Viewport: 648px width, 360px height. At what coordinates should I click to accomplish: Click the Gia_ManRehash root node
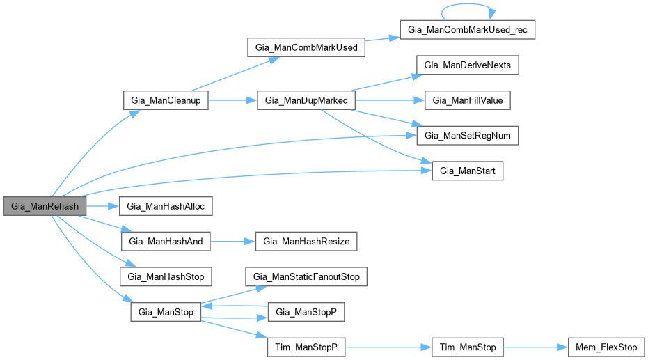click(45, 207)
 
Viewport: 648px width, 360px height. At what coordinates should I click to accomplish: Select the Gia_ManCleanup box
click(166, 100)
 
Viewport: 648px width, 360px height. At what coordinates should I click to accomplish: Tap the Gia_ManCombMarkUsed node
click(307, 48)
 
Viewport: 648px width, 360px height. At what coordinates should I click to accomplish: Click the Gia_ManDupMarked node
click(307, 100)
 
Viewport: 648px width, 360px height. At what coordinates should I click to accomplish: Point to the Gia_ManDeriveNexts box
click(467, 65)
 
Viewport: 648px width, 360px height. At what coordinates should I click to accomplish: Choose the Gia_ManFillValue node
click(467, 100)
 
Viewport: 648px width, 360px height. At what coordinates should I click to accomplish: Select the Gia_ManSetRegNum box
click(467, 135)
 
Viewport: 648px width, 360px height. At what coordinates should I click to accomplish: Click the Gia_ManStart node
click(467, 171)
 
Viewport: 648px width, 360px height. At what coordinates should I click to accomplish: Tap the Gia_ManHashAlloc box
click(166, 207)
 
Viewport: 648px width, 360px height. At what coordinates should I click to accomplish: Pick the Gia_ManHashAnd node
click(166, 242)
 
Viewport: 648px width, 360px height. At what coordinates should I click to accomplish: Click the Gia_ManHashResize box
click(307, 242)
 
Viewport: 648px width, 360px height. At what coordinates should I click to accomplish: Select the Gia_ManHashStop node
click(166, 276)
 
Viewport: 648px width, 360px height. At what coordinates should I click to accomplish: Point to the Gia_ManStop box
click(166, 311)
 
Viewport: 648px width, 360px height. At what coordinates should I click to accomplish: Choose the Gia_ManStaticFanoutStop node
click(307, 276)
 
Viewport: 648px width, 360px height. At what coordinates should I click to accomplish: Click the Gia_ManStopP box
click(307, 311)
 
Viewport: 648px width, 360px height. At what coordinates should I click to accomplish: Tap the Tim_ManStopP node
click(307, 347)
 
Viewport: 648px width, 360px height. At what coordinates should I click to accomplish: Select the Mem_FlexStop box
click(606, 347)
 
